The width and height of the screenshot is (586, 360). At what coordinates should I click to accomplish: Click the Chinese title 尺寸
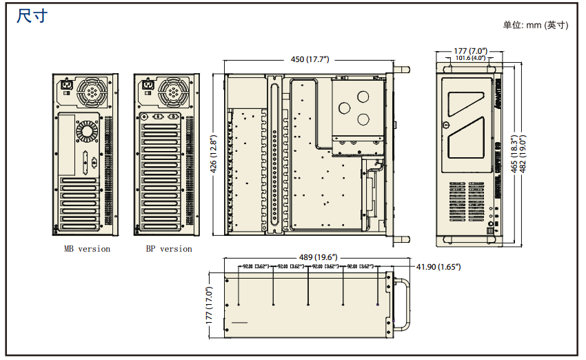(x=32, y=16)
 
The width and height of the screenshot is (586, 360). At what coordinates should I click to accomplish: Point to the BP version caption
(x=168, y=249)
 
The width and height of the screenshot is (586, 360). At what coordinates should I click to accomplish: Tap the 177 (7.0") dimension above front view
(x=471, y=51)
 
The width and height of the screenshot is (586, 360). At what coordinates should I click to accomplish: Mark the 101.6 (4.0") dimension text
(x=470, y=59)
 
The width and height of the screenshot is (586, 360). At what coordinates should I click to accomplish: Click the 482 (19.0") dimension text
(x=524, y=153)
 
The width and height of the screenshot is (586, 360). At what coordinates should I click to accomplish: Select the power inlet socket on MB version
(x=68, y=87)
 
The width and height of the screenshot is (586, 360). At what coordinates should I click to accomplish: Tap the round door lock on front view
(x=446, y=126)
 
